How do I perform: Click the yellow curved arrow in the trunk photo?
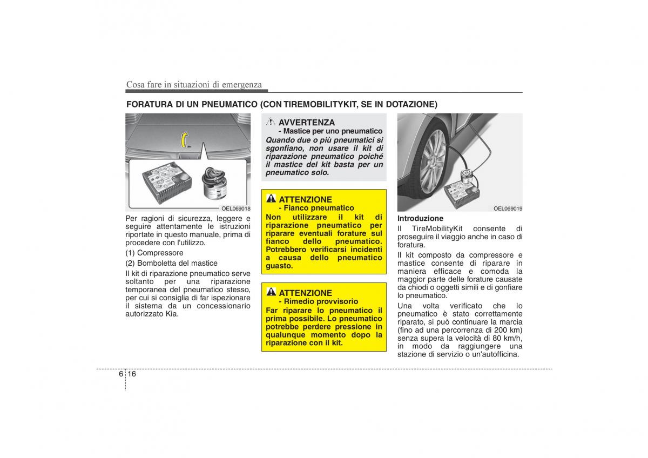(184, 140)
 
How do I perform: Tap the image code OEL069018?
(236, 208)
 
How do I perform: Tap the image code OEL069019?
(508, 208)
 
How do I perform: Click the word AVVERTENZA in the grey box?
(307, 123)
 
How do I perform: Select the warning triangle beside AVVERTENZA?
(271, 122)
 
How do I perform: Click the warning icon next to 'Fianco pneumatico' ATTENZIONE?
(271, 198)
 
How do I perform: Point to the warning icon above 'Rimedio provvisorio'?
(271, 292)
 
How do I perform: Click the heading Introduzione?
(420, 218)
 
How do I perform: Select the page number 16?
(132, 374)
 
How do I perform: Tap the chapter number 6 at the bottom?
(120, 374)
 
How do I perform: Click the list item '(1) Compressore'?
(154, 253)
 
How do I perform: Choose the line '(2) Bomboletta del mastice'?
(171, 263)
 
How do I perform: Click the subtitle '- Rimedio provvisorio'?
(319, 301)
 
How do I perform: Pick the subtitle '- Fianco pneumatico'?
(316, 208)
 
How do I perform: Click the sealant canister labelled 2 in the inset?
(214, 184)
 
